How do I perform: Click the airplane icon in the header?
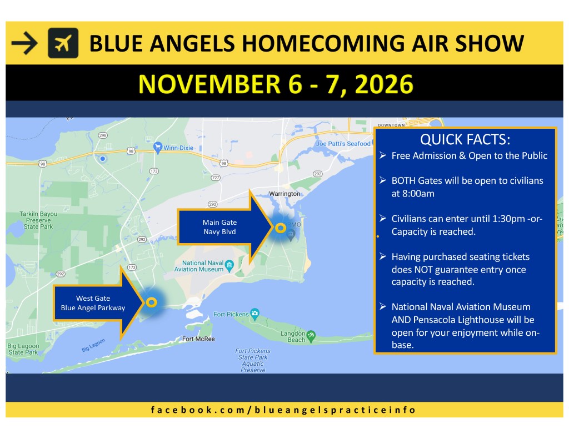[63, 43]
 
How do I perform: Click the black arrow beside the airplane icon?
[24, 43]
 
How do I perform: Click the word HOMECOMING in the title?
[323, 43]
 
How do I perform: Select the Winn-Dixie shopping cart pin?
[157, 148]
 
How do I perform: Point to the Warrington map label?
[284, 194]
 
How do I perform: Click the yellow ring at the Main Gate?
[280, 228]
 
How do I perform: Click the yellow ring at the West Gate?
[152, 302]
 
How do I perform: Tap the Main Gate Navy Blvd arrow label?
[219, 227]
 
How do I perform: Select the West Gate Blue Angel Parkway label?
[93, 303]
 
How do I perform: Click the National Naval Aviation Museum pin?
[229, 266]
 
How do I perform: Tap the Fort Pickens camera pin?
[254, 314]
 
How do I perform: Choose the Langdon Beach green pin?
[311, 336]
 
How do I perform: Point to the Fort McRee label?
[198, 339]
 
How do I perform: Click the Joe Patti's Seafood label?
[343, 144]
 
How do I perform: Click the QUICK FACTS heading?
[465, 139]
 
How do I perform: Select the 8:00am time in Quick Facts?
[413, 194]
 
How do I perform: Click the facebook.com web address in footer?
[283, 410]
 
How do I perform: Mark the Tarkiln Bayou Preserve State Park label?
[38, 220]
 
